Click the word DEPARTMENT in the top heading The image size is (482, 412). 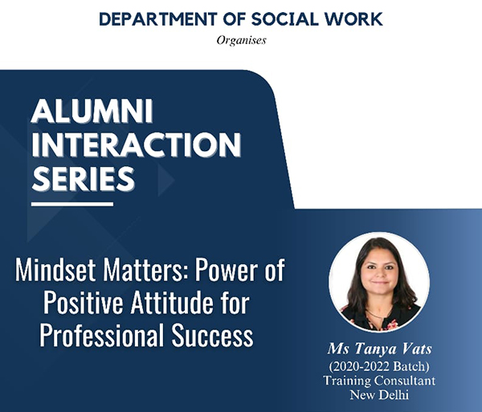pos(157,19)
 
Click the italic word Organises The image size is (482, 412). pos(241,40)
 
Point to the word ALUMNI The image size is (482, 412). pos(92,111)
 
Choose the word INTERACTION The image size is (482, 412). pos(137,145)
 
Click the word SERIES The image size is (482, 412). pos(83,179)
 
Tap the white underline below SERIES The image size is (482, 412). pos(72,204)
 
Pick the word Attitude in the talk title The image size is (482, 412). pos(172,303)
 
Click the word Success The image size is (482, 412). pos(212,335)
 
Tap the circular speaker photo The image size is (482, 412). pos(379,283)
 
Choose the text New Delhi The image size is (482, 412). pos(379,394)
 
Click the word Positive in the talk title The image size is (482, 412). pos(84,303)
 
